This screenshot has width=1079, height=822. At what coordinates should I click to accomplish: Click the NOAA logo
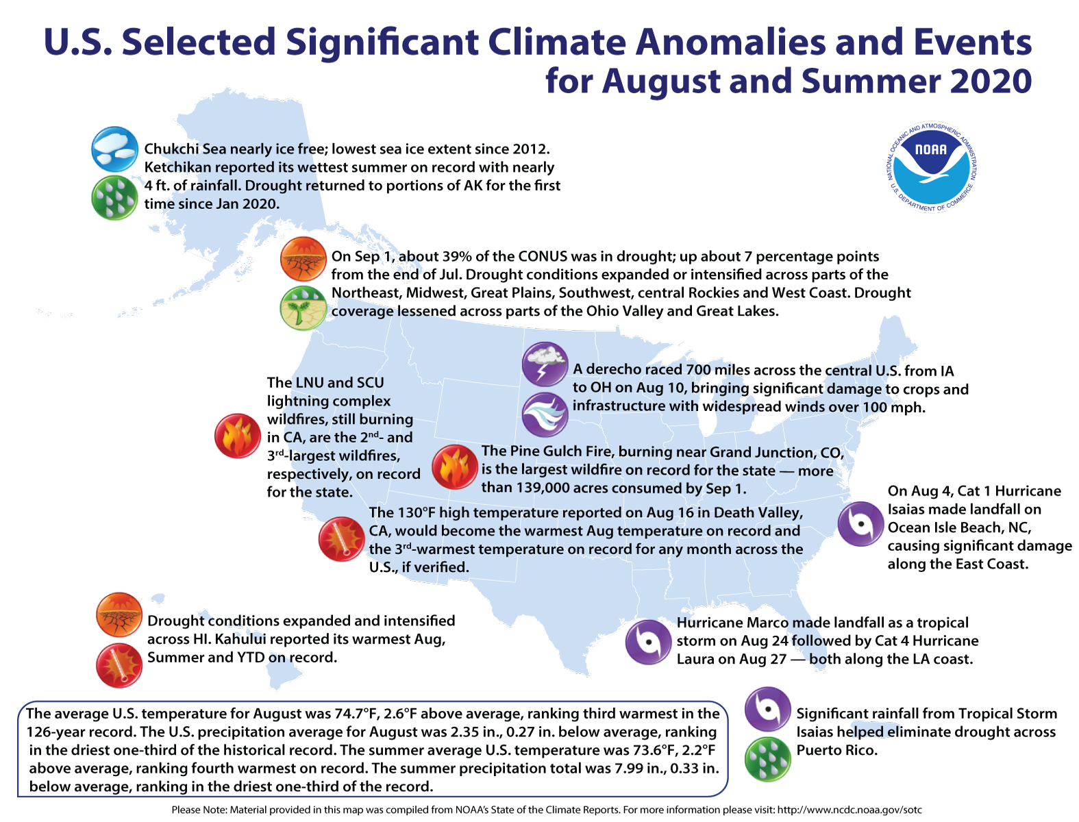pyautogui.click(x=932, y=168)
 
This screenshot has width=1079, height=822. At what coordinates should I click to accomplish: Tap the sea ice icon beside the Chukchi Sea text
pyautogui.click(x=114, y=149)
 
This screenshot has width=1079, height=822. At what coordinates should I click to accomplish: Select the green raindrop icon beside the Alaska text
pyautogui.click(x=114, y=198)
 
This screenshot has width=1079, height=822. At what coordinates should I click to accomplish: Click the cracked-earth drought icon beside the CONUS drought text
pyautogui.click(x=303, y=260)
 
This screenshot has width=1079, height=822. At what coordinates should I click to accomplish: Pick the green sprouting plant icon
pyautogui.click(x=303, y=308)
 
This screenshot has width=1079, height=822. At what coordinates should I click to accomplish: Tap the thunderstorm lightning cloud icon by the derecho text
pyautogui.click(x=545, y=364)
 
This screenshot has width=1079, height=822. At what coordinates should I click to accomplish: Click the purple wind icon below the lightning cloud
pyautogui.click(x=545, y=414)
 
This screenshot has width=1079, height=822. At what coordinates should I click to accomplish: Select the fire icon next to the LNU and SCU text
pyautogui.click(x=237, y=436)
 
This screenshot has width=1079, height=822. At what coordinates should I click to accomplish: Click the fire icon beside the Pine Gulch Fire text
pyautogui.click(x=455, y=466)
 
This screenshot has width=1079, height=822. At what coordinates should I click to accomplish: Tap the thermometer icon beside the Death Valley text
pyautogui.click(x=341, y=538)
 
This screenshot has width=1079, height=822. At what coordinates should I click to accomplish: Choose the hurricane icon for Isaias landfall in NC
pyautogui.click(x=861, y=524)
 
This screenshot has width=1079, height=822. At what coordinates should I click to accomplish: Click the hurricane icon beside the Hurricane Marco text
pyautogui.click(x=648, y=642)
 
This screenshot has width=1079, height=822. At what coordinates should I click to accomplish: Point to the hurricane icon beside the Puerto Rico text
pyautogui.click(x=768, y=709)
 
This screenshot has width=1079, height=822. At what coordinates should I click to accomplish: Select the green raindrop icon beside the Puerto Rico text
pyautogui.click(x=768, y=759)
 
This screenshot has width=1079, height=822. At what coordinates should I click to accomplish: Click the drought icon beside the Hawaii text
pyautogui.click(x=119, y=615)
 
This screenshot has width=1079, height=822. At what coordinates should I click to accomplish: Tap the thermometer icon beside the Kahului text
pyautogui.click(x=119, y=665)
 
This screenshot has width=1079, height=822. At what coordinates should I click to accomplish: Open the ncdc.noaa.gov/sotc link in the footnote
pyautogui.click(x=849, y=810)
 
